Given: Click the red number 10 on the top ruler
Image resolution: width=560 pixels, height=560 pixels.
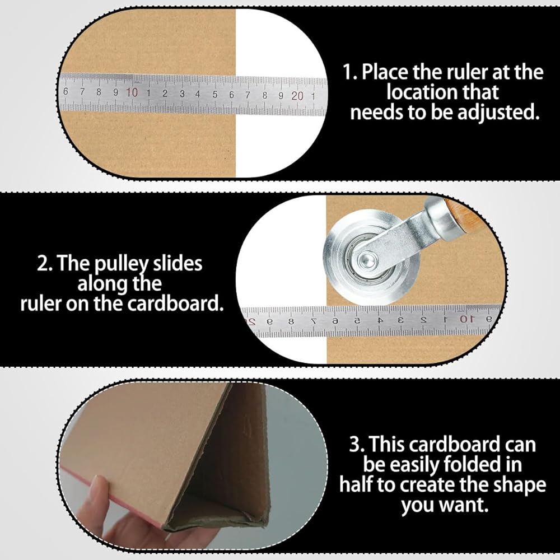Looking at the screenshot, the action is click(x=132, y=92).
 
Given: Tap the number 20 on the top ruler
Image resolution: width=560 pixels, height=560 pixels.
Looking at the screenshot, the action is click(x=297, y=96).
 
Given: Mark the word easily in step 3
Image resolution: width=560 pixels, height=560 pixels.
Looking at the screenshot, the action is click(x=414, y=465).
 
